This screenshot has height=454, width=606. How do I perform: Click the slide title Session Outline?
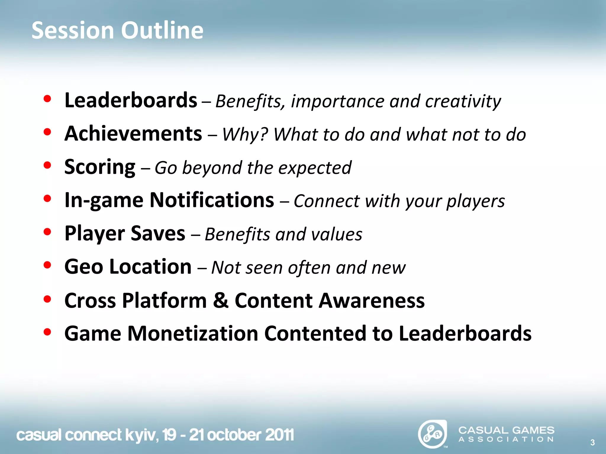[x=117, y=30]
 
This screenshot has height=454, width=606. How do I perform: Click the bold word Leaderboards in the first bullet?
[x=131, y=100]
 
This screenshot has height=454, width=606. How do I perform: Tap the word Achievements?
[x=133, y=134]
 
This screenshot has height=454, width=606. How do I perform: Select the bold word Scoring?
[x=100, y=167]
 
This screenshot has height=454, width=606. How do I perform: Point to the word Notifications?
[x=212, y=200]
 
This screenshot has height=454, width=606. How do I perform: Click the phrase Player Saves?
[x=125, y=234]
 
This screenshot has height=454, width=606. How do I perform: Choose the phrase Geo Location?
[x=128, y=267]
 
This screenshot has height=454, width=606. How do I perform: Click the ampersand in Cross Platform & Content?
[x=221, y=300]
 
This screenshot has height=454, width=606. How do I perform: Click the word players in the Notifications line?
[x=475, y=201]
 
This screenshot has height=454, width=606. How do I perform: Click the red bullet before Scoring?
[x=47, y=166]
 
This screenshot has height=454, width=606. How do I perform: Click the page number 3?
[x=592, y=442]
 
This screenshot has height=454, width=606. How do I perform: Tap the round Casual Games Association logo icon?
[x=432, y=434]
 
